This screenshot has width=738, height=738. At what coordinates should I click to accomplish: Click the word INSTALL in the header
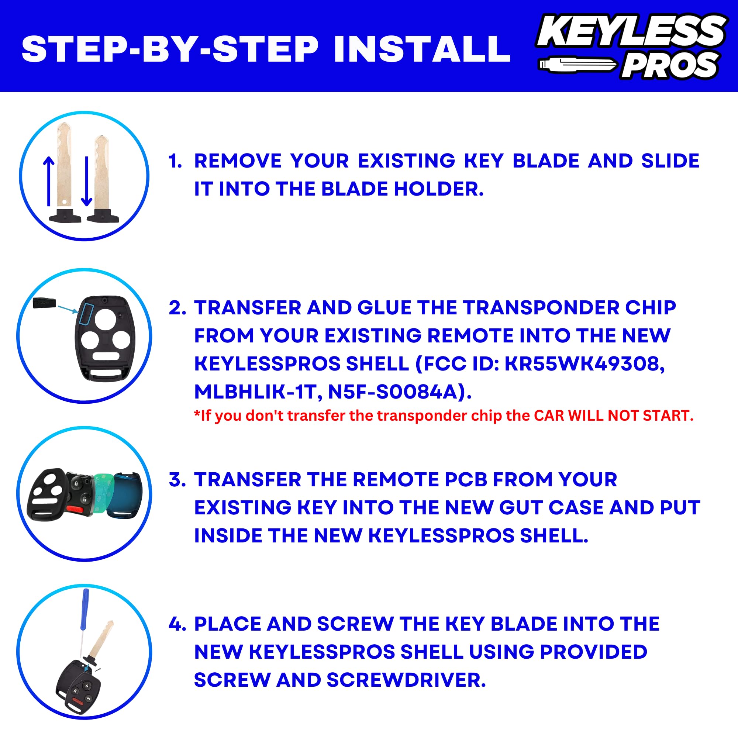[x=422, y=49]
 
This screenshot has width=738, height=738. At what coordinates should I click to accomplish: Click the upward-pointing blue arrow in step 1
[x=48, y=182]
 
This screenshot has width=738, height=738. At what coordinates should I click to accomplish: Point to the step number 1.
[x=175, y=161]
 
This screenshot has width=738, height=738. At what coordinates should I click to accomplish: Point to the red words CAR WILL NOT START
[x=613, y=415]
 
